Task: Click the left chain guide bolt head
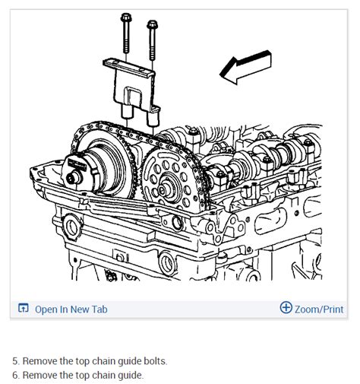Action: point(125,17)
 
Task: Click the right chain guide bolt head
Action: point(152,24)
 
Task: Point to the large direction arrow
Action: point(245,67)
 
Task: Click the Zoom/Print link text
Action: point(319,309)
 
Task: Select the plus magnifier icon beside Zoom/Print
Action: point(286,307)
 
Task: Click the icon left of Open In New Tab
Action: point(24,308)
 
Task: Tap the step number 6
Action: point(15,375)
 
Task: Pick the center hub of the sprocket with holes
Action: point(164,189)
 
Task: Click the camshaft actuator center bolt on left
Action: point(73,178)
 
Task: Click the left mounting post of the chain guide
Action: point(126,111)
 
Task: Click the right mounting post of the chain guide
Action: point(152,119)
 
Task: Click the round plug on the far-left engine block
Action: point(72,227)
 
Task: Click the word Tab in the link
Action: point(99,309)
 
